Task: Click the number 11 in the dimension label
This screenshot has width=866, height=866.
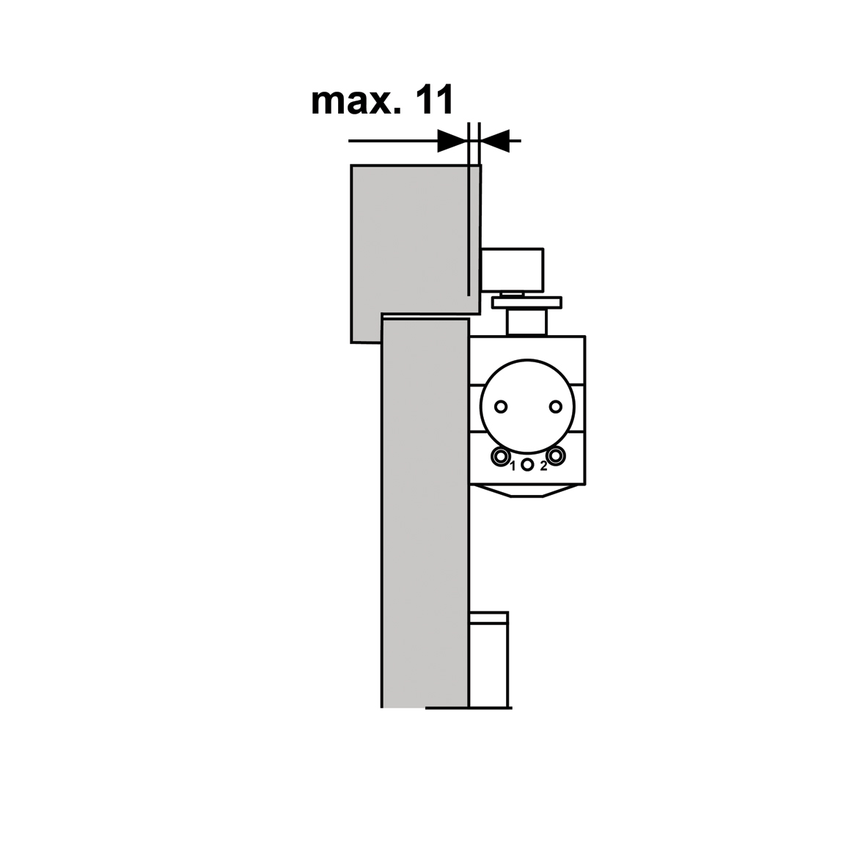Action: (434, 100)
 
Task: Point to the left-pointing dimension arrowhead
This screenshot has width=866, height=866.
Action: (494, 142)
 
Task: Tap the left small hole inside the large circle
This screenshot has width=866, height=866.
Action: (501, 407)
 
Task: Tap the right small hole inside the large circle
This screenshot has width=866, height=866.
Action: (555, 407)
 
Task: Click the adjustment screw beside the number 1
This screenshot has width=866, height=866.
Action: (500, 457)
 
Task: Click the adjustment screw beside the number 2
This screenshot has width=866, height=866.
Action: (556, 455)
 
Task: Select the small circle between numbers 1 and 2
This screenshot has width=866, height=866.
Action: (527, 465)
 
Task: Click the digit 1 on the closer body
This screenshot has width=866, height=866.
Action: (513, 466)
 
